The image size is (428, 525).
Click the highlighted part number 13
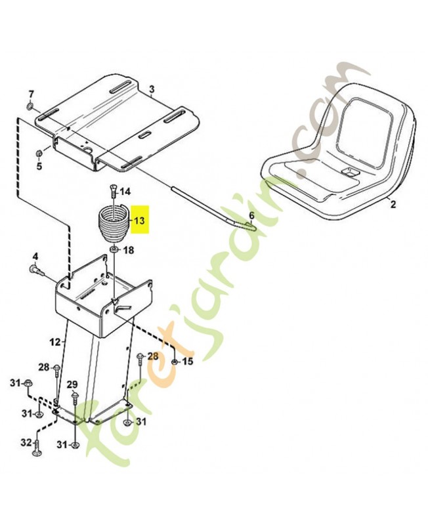tap(140, 220)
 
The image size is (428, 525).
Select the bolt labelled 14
tap(113, 192)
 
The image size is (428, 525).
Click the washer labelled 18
tap(114, 249)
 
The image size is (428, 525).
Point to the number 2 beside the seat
tap(393, 204)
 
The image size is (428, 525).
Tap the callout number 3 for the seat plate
tap(152, 89)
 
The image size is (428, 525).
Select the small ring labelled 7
tap(30, 106)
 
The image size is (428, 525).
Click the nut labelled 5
tap(39, 154)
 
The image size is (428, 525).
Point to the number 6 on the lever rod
tap(251, 215)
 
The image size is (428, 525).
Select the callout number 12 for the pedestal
tap(55, 342)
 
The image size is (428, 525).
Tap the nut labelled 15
tap(174, 362)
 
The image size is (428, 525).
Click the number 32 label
tap(26, 442)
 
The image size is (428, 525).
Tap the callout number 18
tap(129, 250)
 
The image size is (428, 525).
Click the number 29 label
tap(72, 385)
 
